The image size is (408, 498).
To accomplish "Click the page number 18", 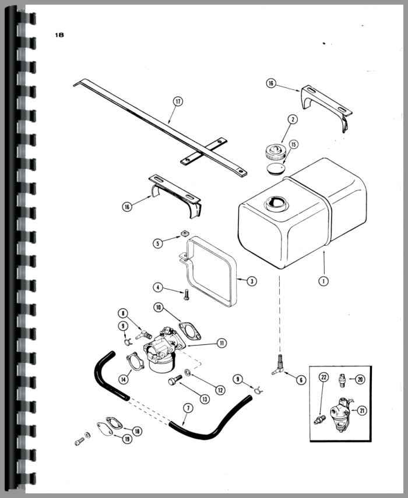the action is coord(59,34).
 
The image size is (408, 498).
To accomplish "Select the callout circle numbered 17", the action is coord(178,101).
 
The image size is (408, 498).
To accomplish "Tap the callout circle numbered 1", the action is coord(323,281).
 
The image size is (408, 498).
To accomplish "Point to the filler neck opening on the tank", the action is coord(276,203).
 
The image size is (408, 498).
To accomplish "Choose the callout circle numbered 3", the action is coord(252,281).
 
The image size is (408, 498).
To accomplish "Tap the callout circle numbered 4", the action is coord(158,287).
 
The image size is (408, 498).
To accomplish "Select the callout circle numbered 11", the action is coord(221,343).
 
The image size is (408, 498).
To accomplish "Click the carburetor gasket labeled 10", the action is coord(190,331).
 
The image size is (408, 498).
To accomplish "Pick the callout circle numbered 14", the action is coord(124,379).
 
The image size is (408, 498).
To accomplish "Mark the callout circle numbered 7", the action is coord(188,408).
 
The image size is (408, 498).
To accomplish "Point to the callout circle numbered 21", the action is coord(362,411).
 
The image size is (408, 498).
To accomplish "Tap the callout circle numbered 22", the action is coord(324,377).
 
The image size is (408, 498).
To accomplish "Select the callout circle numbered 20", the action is coord(360,379).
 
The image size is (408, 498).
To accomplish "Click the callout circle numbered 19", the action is coord(127,439).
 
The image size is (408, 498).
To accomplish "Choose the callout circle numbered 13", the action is coord(205,399).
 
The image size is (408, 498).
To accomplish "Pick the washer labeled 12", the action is coord(187,372).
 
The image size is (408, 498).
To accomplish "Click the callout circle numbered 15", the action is coord(293,144).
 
